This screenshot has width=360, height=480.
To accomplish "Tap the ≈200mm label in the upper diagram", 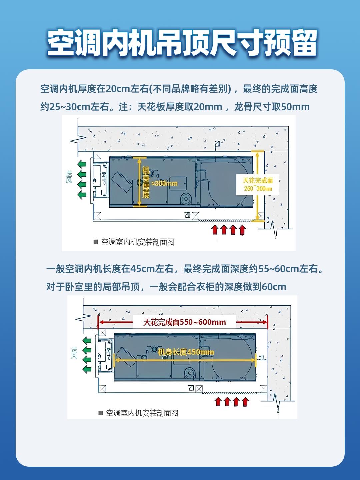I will pyautogui.click(x=165, y=183).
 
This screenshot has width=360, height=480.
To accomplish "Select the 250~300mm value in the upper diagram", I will pyautogui.click(x=258, y=189).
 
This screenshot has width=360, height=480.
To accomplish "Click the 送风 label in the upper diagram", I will pyautogui.click(x=69, y=177).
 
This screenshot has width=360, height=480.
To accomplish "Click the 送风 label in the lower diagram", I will pyautogui.click(x=74, y=352).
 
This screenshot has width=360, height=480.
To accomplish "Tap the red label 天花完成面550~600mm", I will pyautogui.click(x=184, y=322).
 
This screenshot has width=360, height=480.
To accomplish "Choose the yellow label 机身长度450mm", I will pyautogui.click(x=186, y=352).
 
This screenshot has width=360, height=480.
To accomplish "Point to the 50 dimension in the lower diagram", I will pyautogui.click(x=261, y=357).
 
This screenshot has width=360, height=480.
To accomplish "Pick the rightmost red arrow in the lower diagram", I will pyautogui.click(x=245, y=402).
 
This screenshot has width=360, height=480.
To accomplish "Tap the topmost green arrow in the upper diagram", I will pyautogui.click(x=82, y=164).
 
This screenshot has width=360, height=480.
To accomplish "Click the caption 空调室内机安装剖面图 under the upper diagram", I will pyautogui.click(x=138, y=242).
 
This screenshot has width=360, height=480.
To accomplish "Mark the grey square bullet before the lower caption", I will pyautogui.click(x=101, y=413).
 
